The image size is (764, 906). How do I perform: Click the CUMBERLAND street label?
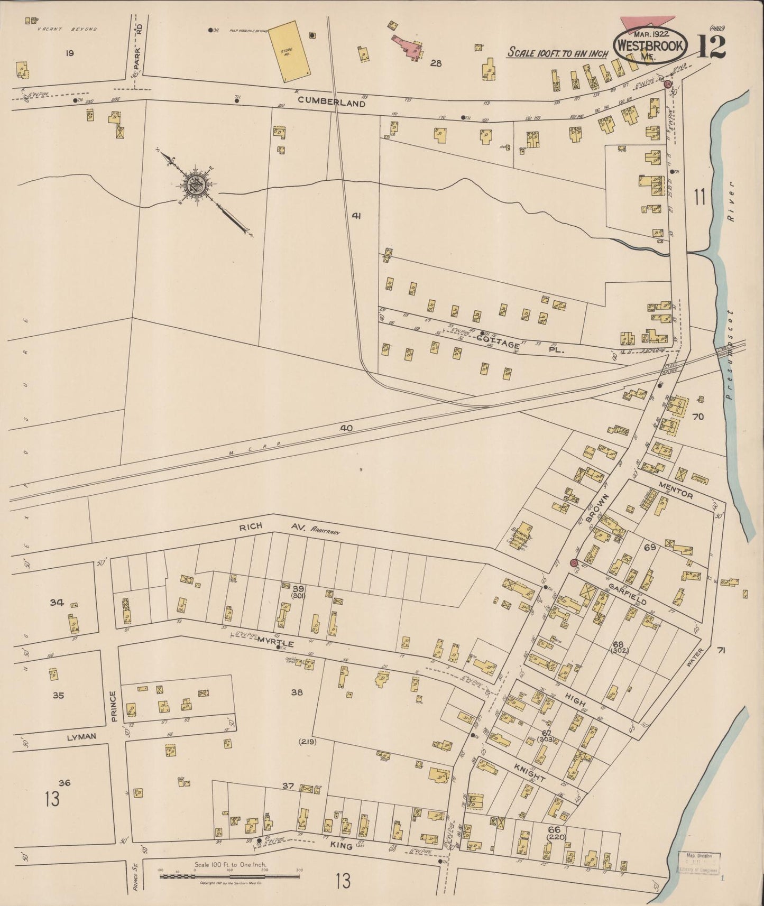[331, 103]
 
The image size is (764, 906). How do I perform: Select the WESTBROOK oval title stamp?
[651, 45]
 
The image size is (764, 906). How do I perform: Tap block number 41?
[356, 216]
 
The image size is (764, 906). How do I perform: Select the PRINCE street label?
[113, 707]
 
